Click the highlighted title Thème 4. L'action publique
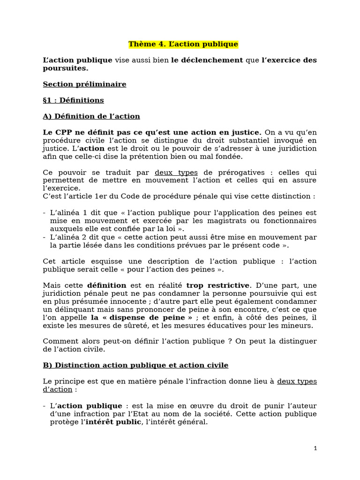[x=183, y=44]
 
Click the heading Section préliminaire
[x=84, y=84]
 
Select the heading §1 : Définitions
[x=73, y=100]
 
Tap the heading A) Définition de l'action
[x=91, y=116]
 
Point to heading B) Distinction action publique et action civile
[x=135, y=365]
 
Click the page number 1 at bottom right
[x=315, y=449]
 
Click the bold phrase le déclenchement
[x=207, y=60]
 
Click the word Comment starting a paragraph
[x=60, y=341]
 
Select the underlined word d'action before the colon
[x=58, y=390]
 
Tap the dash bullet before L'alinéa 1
[x=44, y=213]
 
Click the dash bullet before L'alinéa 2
[x=44, y=237]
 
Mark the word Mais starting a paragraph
[x=52, y=285]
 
